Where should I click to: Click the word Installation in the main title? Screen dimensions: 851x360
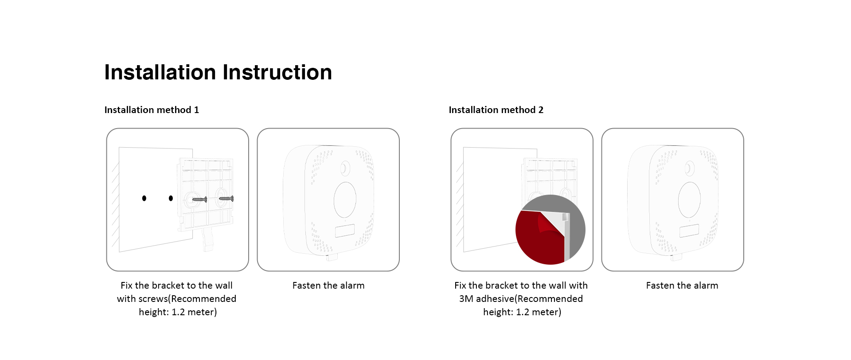pos(160,72)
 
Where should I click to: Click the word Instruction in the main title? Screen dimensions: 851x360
pos(277,72)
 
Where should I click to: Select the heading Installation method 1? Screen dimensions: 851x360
pos(152,110)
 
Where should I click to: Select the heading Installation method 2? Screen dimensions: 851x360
pos(496,110)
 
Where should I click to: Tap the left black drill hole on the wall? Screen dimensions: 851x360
pos(144,198)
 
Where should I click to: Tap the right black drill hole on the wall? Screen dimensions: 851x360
pos(171,198)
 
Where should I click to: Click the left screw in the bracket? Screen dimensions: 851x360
pos(199,200)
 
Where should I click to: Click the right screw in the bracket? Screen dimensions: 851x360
pos(226,199)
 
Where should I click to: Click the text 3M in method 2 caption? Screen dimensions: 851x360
pos(466,299)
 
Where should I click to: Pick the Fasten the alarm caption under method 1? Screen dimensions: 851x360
pos(328,286)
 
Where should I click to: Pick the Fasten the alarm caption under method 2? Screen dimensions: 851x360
pos(682,286)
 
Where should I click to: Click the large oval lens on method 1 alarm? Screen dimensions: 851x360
pos(345,200)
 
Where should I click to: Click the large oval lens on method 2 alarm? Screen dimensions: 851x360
pos(689,200)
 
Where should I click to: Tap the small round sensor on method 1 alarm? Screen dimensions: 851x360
pos(345,168)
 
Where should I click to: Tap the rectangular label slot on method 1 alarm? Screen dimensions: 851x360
pos(344,231)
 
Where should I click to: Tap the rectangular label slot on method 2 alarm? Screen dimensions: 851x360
pos(689,231)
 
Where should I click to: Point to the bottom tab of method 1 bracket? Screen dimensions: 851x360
pos(208,240)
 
